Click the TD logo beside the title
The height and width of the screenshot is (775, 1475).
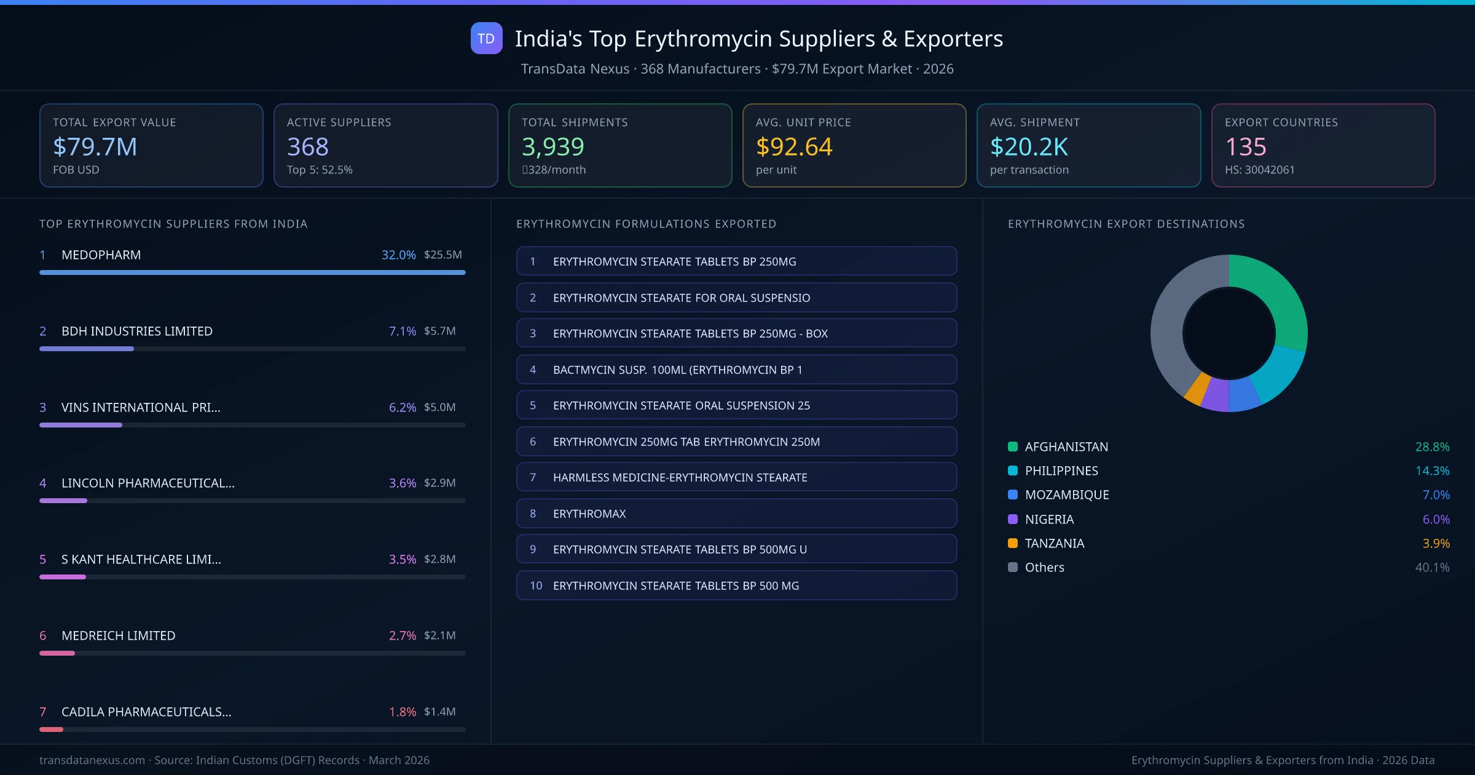(486, 39)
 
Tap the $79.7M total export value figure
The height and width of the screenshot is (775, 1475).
(95, 147)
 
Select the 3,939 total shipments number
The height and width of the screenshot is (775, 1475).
(553, 147)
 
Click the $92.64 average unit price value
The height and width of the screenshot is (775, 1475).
(794, 147)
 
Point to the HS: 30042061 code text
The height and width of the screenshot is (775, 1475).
(1259, 170)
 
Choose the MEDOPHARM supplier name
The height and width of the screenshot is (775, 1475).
(101, 255)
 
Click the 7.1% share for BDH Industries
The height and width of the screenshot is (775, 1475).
(402, 331)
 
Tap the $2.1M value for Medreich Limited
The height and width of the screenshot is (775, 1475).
(439, 635)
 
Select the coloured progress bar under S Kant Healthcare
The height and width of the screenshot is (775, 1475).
(63, 577)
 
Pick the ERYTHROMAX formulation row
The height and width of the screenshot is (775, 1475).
(736, 514)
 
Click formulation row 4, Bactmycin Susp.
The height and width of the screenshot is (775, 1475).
(736, 370)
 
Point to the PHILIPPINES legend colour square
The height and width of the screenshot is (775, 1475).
(1013, 471)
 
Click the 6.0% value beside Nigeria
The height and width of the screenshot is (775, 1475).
(1436, 519)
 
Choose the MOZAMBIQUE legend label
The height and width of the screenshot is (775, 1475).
(1067, 495)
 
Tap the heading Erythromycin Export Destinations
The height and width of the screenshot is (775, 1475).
(1126, 224)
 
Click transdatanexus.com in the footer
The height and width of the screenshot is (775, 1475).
(92, 760)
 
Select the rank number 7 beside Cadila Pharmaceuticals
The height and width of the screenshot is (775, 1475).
(43, 712)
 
